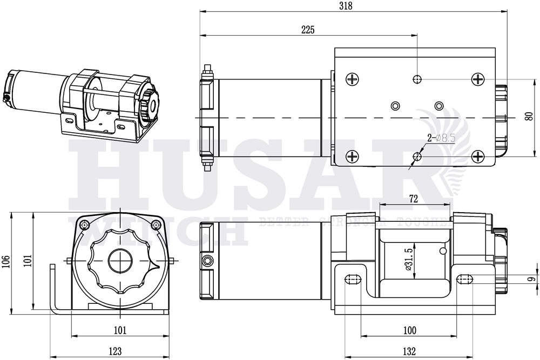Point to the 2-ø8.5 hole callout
[x=441, y=139]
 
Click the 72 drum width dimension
[x=414, y=199]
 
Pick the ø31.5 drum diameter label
[x=409, y=258]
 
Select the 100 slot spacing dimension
[x=410, y=330]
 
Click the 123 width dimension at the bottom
[x=114, y=351]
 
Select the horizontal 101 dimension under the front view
[x=120, y=330]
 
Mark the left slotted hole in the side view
[x=352, y=280]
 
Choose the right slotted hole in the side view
[x=466, y=279]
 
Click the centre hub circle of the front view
[x=120, y=262]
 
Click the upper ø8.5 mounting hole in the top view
[x=417, y=79]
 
